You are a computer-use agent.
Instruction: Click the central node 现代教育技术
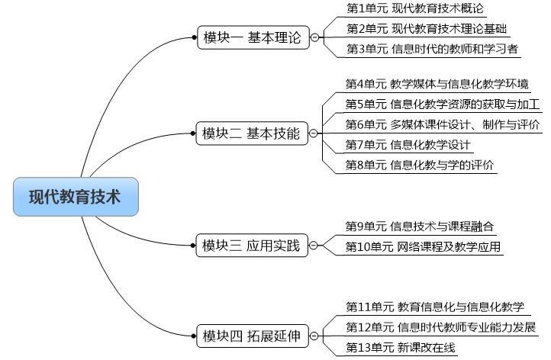click(76, 197)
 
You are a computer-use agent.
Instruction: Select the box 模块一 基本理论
click(252, 37)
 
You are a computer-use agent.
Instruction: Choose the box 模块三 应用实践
click(251, 245)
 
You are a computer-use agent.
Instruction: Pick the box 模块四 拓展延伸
click(251, 336)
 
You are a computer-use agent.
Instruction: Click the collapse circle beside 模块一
click(314, 37)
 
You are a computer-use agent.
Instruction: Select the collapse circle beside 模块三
click(314, 245)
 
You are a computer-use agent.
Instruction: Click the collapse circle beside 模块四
click(314, 336)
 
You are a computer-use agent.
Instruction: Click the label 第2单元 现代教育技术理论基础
click(427, 29)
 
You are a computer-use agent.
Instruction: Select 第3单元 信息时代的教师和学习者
click(432, 49)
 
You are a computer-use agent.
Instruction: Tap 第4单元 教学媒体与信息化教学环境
click(437, 84)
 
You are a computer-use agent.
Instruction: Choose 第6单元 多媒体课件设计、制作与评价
click(443, 124)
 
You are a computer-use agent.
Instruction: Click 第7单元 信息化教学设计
click(408, 145)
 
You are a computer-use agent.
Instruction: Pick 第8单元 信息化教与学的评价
click(419, 165)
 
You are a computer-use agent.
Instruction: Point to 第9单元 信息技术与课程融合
click(419, 227)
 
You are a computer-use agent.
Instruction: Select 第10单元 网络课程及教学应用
click(423, 246)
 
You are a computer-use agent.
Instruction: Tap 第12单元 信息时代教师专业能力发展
click(441, 327)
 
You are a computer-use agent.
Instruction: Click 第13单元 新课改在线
click(401, 348)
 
